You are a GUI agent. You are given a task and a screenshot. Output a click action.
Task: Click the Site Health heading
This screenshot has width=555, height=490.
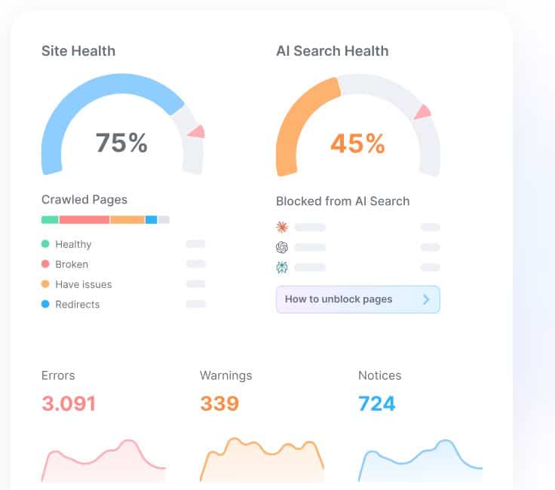78,51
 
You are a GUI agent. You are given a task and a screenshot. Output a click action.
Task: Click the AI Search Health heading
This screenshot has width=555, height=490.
333,51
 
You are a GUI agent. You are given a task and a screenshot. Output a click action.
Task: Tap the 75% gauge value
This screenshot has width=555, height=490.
121,142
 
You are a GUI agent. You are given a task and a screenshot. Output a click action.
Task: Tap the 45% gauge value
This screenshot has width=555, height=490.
357,142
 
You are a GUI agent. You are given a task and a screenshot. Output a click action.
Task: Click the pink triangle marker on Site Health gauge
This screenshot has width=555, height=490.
197,132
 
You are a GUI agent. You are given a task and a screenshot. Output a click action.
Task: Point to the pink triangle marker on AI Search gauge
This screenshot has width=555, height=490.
422,112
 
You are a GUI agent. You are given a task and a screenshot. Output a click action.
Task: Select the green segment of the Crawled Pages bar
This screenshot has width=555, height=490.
50,219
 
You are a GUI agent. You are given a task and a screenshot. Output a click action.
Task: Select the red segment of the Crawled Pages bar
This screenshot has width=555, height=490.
84,219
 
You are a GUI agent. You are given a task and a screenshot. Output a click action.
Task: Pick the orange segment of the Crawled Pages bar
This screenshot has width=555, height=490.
127,219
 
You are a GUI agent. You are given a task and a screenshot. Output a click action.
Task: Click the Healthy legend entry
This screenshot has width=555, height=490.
73,244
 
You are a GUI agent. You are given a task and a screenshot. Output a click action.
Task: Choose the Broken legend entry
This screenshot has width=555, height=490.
72,265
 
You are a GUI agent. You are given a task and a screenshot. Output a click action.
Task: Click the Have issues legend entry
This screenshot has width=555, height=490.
83,284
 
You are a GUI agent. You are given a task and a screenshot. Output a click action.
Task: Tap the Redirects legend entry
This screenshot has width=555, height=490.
77,305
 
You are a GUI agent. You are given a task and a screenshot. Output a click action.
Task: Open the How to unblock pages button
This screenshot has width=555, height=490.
357,299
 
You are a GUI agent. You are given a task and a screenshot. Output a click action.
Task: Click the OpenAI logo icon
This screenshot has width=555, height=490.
282,247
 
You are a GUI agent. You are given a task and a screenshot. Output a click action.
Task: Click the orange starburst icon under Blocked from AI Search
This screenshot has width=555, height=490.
282,227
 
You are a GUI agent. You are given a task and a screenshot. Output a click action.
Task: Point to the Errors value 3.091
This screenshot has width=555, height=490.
69,403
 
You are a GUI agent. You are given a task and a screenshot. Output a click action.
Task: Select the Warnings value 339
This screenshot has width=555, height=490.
219,403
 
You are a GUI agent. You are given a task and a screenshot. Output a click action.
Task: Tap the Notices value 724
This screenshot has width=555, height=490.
377,403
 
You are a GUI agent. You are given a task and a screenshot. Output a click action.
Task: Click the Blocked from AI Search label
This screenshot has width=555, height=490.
342,201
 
